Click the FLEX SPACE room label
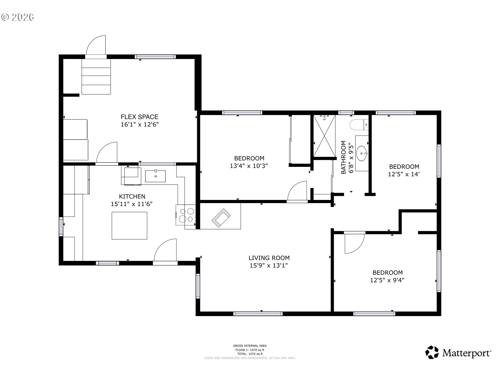pyautogui.click(x=139, y=117)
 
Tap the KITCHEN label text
pyautogui.click(x=132, y=197)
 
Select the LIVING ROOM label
pyautogui.click(x=269, y=258)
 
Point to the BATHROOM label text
pyautogui.click(x=343, y=157)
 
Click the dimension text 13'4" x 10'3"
pyautogui.click(x=249, y=166)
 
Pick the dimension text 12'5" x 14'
pyautogui.click(x=404, y=174)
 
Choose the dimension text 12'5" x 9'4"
pyautogui.click(x=387, y=280)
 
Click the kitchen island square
pyautogui.click(x=129, y=226)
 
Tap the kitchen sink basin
pyautogui.click(x=155, y=176)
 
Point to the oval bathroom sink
pyautogui.click(x=362, y=153)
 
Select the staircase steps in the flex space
pyautogui.click(x=96, y=77)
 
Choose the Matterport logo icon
pyautogui.click(x=432, y=352)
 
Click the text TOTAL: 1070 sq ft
pyautogui.click(x=250, y=354)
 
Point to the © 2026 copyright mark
pyautogui.click(x=18, y=17)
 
